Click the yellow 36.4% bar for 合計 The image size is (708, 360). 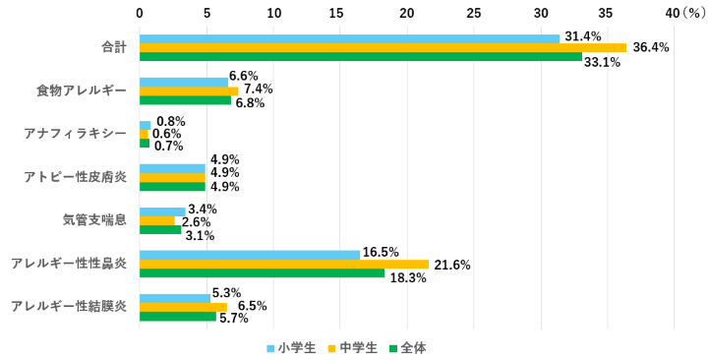383,47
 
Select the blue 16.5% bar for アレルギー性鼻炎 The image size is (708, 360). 250,254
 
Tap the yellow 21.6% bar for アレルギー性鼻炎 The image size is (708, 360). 284,264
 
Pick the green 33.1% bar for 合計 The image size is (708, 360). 361,57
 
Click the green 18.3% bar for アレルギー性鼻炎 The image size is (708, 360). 262,273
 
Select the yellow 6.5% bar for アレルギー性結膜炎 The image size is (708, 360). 183,307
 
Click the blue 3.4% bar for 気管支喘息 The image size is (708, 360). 162,210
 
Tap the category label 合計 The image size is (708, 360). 114,47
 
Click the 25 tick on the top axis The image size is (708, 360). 474,13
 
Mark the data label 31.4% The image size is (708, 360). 583,37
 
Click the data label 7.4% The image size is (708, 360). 259,90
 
